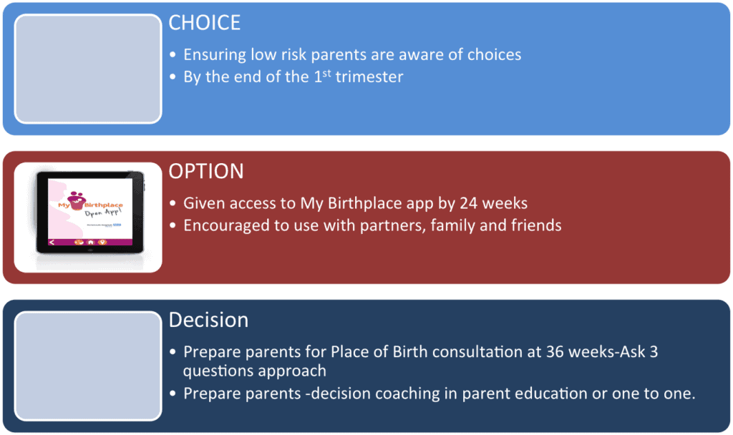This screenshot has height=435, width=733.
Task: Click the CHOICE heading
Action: tap(205, 23)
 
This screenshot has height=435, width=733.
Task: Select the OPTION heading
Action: tap(206, 172)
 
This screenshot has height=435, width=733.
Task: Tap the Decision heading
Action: tap(208, 320)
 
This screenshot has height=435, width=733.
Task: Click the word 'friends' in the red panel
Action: tap(535, 225)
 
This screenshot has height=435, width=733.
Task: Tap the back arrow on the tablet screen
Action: tap(51, 242)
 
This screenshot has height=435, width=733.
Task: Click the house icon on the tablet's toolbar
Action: tap(91, 242)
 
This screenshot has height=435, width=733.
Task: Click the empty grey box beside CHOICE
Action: tap(88, 69)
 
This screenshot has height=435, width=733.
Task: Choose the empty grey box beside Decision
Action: tap(88, 366)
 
